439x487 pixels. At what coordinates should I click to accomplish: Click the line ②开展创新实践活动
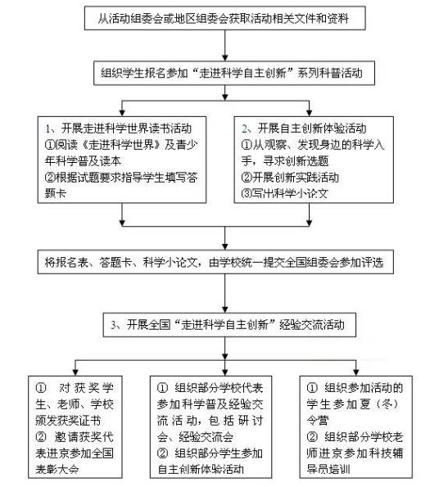click(297, 176)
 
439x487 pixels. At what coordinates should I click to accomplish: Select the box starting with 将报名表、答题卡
click(219, 263)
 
